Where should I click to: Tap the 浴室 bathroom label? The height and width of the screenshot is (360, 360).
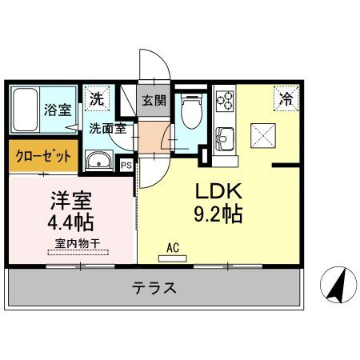58,110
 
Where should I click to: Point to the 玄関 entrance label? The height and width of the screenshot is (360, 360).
153,101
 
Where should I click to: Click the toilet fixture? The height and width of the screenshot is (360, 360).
190,111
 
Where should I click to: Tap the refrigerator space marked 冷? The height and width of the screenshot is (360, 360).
285,99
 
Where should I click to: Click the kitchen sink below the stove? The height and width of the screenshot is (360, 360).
223,135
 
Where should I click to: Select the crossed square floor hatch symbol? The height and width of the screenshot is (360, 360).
263,134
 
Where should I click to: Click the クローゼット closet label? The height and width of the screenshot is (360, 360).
43,155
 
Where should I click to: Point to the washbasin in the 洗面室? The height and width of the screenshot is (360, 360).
99,160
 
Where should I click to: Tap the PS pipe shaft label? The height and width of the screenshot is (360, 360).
126,165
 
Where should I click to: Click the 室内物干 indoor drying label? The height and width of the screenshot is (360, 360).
77,242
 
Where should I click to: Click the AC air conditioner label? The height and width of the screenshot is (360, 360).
172,248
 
